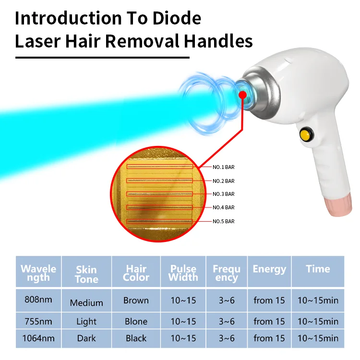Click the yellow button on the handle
tap(304, 135)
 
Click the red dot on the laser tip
tap(242, 95)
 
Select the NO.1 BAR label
tap(223, 167)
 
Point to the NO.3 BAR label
tap(223, 194)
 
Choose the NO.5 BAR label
tap(223, 221)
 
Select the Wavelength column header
tap(38, 273)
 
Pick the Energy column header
tap(269, 269)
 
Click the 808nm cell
tap(38, 300)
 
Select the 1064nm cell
tap(38, 338)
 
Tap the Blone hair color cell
tap(136, 321)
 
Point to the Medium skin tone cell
tap(86, 302)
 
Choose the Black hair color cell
tap(136, 338)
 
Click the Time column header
tap(318, 269)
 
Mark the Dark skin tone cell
tap(86, 338)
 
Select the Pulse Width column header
tap(183, 273)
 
